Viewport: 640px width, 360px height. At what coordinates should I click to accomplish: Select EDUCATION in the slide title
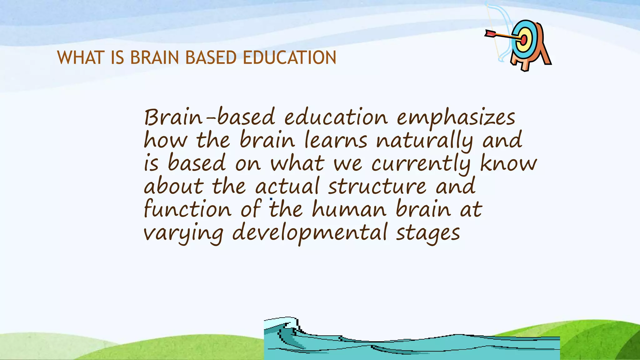[289, 58]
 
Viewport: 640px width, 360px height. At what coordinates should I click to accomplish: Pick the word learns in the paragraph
[336, 141]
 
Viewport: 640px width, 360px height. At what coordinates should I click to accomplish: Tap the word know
[508, 163]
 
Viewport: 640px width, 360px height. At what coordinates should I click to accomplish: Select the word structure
[377, 187]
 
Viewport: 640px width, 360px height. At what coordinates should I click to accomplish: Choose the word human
[349, 209]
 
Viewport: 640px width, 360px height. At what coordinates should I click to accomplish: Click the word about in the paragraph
[174, 187]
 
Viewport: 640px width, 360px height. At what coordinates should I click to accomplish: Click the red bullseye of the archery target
[524, 40]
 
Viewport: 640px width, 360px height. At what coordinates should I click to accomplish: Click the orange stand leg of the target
[545, 56]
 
